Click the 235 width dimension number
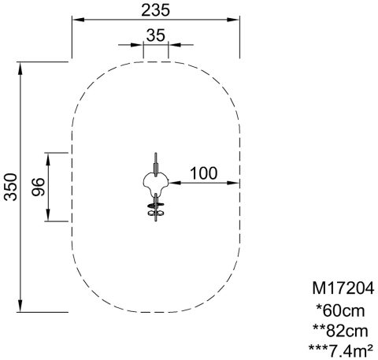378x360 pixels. [156, 10]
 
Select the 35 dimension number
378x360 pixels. [156, 35]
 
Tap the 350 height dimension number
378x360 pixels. [11, 187]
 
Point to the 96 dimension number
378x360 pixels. [38, 187]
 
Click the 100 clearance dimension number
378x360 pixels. [204, 173]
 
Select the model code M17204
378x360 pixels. [343, 288]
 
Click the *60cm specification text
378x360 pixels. [341, 311]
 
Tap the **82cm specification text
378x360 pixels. [340, 331]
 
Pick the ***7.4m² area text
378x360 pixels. [341, 350]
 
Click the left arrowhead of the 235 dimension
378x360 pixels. [78, 20]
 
